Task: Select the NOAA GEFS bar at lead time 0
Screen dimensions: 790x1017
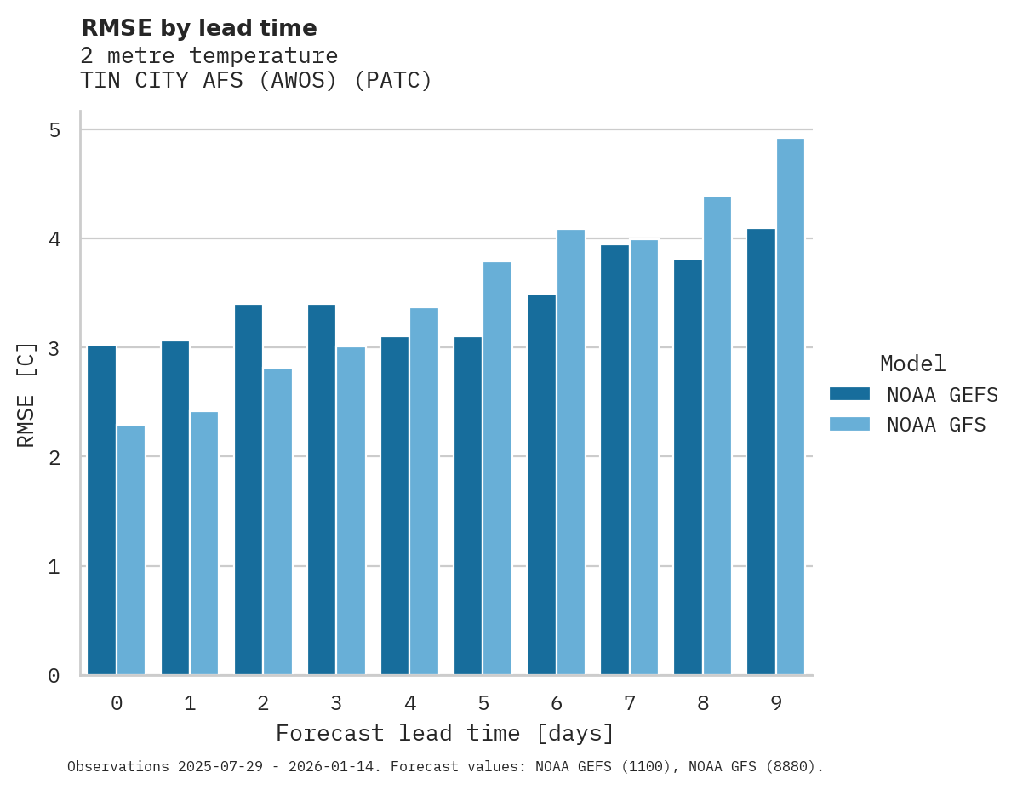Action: pyautogui.click(x=101, y=510)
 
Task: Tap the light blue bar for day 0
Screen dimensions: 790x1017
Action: pyautogui.click(x=131, y=550)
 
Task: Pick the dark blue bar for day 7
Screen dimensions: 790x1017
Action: pyautogui.click(x=614, y=460)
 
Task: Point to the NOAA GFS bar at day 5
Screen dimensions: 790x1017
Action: pyautogui.click(x=497, y=468)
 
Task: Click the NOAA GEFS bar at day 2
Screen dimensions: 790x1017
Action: pyautogui.click(x=249, y=489)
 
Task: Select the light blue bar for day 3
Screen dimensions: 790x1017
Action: pyautogui.click(x=351, y=511)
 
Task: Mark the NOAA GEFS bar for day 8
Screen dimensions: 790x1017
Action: pyautogui.click(x=688, y=467)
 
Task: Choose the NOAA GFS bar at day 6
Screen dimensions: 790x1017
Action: pyautogui.click(x=570, y=452)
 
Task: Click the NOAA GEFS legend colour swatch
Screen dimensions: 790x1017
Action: pyautogui.click(x=849, y=394)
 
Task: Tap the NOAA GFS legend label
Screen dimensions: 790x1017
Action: pyautogui.click(x=936, y=425)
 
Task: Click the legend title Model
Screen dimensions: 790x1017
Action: pyautogui.click(x=912, y=364)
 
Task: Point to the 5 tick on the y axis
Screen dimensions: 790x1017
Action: pyautogui.click(x=54, y=130)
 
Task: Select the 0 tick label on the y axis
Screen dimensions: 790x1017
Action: pyautogui.click(x=54, y=676)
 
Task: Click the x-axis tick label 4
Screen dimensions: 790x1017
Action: pyautogui.click(x=410, y=704)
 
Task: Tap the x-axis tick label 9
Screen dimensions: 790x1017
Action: pyautogui.click(x=776, y=704)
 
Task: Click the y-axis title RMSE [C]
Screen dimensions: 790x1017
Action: pyautogui.click(x=26, y=394)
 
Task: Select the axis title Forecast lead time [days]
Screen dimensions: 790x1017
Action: pyautogui.click(x=444, y=734)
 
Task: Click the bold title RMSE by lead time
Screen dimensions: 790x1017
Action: pyautogui.click(x=198, y=28)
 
